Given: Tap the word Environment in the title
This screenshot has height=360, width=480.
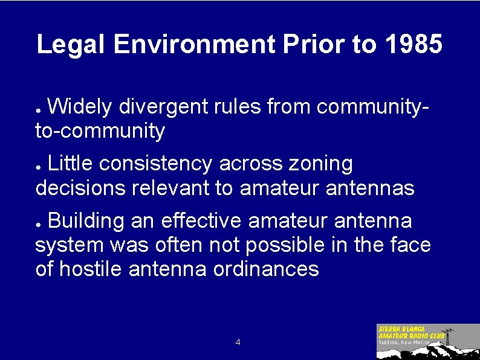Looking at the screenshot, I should (x=193, y=45).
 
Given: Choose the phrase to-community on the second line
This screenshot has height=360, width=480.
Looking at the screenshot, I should (x=100, y=131).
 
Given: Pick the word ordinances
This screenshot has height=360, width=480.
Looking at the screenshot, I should (x=266, y=269).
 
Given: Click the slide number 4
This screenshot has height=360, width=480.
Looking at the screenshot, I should (x=238, y=342).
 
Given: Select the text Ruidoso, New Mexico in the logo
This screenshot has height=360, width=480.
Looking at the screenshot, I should (x=404, y=342).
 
